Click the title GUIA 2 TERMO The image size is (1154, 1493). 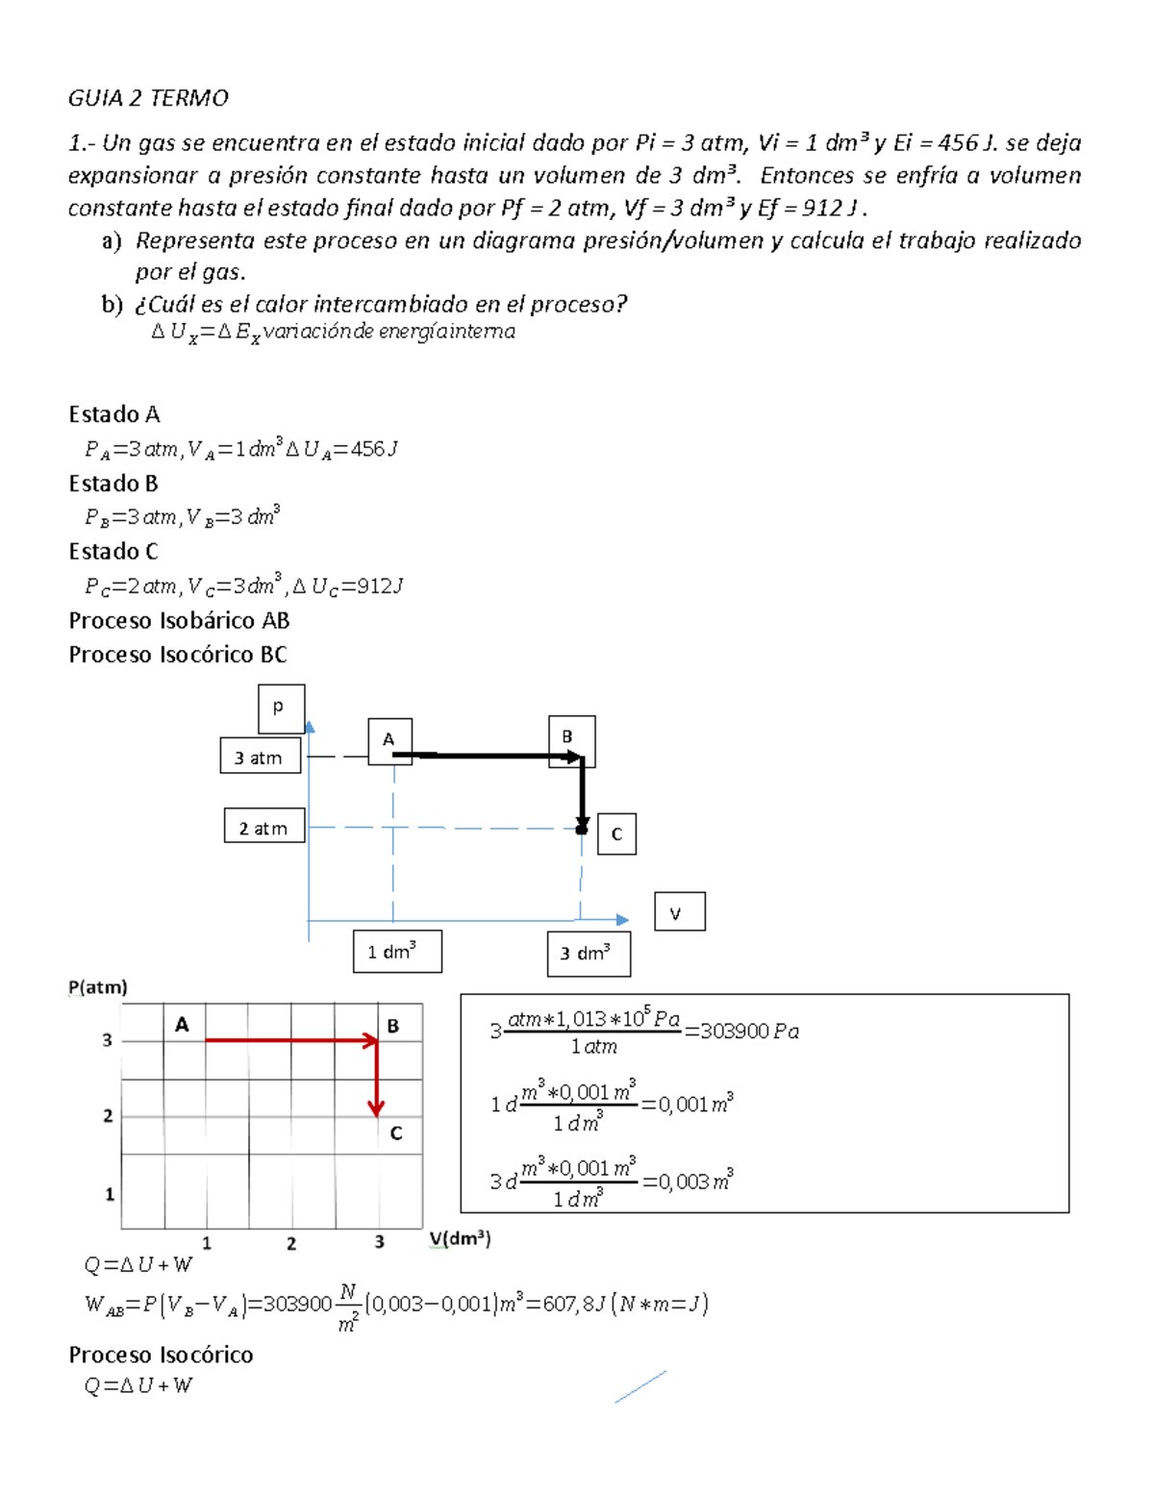pos(148,98)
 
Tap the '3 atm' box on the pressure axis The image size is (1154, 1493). pos(260,757)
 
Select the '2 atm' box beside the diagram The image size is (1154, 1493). pos(264,827)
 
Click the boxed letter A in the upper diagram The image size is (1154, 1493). pos(389,740)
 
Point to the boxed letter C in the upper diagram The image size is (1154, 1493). pos(616,834)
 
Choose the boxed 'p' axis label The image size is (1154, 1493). pos(281,709)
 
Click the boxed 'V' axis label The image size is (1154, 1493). pos(679,911)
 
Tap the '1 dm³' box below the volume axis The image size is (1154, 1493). pos(396,952)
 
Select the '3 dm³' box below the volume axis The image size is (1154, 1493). pos(589,954)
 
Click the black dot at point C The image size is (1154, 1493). pos(581,829)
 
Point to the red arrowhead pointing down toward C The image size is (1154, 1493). pos(376,1107)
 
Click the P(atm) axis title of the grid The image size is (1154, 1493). pos(98,986)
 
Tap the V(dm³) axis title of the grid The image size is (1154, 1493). pos(460,1239)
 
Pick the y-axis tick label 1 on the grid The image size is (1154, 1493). pos(110,1194)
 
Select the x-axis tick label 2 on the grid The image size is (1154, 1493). pos(291,1243)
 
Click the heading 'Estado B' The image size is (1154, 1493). pos(113,483)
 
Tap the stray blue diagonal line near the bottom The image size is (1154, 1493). pos(640,1386)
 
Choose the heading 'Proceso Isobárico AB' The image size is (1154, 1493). pos(179,620)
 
